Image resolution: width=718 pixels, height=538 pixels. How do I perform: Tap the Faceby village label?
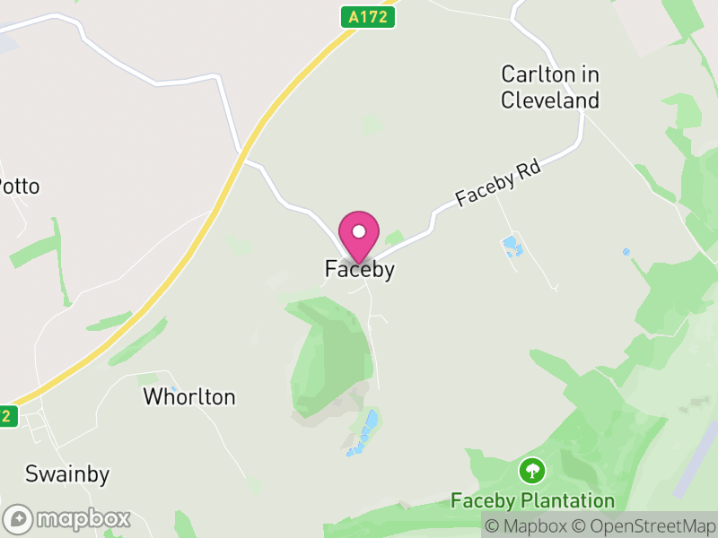tap(359, 269)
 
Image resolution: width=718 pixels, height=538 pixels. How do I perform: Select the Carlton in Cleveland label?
tap(549, 87)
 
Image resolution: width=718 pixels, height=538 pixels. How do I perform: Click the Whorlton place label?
tap(189, 396)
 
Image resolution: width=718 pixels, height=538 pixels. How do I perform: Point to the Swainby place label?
tap(67, 473)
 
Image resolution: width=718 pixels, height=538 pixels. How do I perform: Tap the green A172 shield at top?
tap(368, 16)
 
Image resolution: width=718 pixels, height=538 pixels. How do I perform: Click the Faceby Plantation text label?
tap(533, 500)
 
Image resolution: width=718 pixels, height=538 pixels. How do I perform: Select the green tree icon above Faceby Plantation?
tap(533, 470)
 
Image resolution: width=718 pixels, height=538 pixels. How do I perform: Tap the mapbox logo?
tap(68, 518)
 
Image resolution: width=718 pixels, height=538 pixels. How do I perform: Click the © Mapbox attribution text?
tap(524, 526)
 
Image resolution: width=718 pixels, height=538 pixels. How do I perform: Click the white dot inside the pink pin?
tap(359, 231)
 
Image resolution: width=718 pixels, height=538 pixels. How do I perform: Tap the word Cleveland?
tap(549, 100)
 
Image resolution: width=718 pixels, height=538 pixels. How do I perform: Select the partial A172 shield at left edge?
tap(7, 416)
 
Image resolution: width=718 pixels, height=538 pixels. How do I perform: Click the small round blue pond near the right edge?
tap(626, 252)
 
